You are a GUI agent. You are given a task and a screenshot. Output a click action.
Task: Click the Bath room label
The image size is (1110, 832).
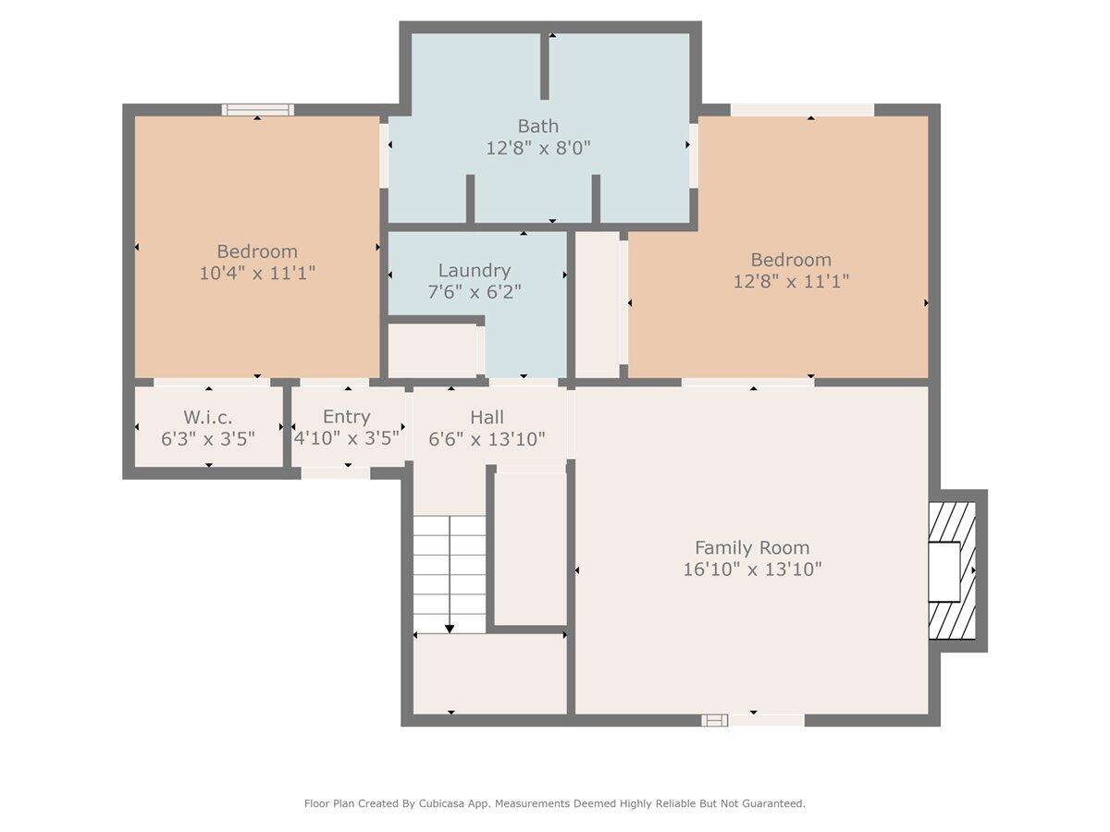(x=537, y=126)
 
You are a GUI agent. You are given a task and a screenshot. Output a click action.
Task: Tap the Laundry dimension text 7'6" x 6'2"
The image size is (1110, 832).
(x=475, y=292)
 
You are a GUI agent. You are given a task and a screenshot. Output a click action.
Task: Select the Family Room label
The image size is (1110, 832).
(x=752, y=547)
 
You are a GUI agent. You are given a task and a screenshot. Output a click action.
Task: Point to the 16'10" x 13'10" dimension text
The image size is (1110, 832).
(x=752, y=569)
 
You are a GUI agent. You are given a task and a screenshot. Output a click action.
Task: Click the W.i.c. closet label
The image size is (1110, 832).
(x=208, y=417)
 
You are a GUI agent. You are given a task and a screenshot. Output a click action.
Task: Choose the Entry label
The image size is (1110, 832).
(x=346, y=417)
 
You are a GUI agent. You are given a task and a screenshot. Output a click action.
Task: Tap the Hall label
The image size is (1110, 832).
(x=487, y=417)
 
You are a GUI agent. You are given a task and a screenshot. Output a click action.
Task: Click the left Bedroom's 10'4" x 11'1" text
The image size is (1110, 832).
(x=257, y=274)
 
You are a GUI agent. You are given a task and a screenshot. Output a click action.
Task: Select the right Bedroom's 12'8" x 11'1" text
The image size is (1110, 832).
(x=791, y=281)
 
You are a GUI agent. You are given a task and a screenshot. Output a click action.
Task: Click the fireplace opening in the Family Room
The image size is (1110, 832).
(x=944, y=572)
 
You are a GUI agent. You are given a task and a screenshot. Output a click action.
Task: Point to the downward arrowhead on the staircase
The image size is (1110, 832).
(x=449, y=629)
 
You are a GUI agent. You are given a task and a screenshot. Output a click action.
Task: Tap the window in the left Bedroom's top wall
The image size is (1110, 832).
(x=258, y=110)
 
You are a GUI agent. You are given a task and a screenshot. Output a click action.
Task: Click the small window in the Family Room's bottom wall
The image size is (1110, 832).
(x=714, y=720)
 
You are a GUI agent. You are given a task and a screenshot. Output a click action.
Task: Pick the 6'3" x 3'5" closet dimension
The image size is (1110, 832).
(x=208, y=439)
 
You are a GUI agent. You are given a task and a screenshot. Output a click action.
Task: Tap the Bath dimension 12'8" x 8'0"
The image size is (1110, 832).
(x=538, y=149)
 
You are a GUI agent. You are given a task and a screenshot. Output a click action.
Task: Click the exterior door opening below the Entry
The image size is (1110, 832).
(x=336, y=472)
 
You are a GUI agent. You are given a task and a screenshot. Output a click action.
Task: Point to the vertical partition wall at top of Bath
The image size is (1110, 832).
(x=545, y=67)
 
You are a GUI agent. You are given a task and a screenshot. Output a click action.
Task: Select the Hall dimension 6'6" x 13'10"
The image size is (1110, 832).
(x=487, y=439)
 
